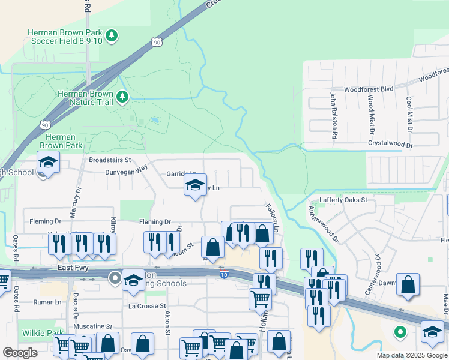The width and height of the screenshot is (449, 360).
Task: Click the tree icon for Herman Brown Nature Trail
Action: click(122, 96)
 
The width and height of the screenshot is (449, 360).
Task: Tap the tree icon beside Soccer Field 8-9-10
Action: click(112, 37)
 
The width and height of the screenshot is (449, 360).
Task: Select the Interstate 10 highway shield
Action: click(223, 274)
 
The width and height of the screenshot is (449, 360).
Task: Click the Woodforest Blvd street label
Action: click(369, 89)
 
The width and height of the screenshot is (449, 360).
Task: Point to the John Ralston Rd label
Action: click(333, 115)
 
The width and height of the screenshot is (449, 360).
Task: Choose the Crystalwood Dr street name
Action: click(391, 145)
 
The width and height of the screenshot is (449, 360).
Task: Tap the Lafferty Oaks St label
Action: click(343, 200)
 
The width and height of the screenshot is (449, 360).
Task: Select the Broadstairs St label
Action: click(110, 160)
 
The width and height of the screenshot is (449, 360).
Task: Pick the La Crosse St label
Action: click(146, 306)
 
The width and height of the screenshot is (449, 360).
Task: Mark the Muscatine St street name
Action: click(92, 326)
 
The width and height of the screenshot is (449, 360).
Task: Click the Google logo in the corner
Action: click(20, 353)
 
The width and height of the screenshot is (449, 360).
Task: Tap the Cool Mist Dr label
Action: click(409, 114)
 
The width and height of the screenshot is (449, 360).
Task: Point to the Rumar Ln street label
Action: click(49, 302)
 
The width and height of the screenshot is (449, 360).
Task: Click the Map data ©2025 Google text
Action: click(411, 355)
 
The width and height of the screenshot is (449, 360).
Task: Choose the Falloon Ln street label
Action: click(273, 217)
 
